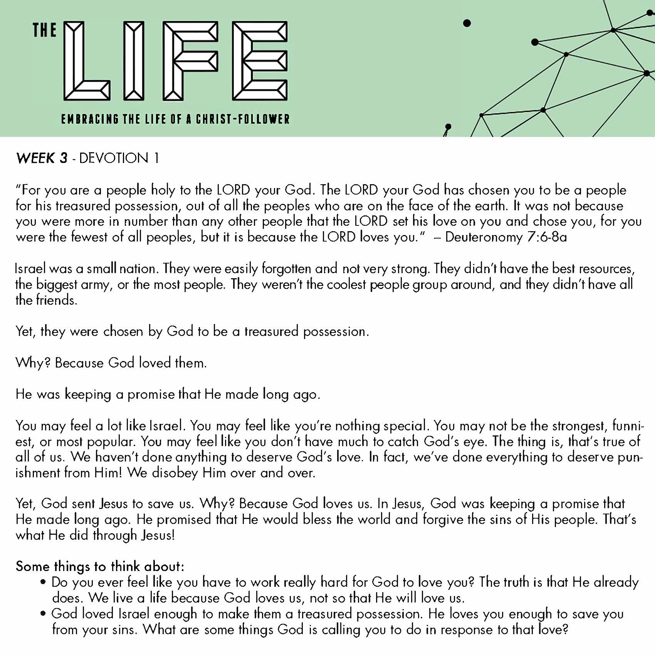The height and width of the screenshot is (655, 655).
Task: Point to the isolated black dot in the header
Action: (x=467, y=24)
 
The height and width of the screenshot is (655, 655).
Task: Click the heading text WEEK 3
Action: (x=42, y=158)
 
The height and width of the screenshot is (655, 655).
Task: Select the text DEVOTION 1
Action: (x=119, y=158)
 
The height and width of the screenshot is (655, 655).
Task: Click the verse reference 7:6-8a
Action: (x=547, y=237)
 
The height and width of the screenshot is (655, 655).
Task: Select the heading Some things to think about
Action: (x=100, y=566)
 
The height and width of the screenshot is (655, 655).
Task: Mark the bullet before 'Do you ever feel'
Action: (x=44, y=582)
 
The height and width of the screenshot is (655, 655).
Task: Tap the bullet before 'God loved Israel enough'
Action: (x=44, y=613)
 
